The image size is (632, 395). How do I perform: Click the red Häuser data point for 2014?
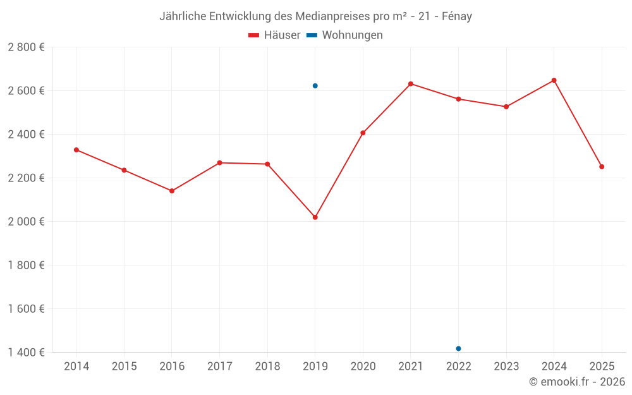pos(76,150)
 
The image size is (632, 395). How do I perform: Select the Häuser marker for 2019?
pos(315,217)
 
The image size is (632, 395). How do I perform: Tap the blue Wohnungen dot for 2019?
pos(315,86)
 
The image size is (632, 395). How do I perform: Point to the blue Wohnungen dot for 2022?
pos(458,349)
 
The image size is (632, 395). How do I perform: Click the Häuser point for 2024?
pos(554,80)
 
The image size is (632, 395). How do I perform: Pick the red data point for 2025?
pos(602,167)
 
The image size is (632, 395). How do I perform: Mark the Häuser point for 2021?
pos(411,84)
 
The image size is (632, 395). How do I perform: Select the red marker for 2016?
pos(172,191)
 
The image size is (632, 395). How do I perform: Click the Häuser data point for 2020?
pos(363,133)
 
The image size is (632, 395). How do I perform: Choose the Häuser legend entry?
pos(275,35)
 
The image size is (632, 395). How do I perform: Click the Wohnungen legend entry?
pos(345,35)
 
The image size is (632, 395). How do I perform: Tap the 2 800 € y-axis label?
pos(26,47)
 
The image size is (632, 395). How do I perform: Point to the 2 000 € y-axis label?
pos(26,222)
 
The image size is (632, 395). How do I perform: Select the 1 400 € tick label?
pos(26,353)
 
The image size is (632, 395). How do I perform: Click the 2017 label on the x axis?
pos(219,367)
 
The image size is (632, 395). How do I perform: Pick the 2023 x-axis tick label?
pos(506,367)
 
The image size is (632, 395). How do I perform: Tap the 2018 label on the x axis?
pos(267,367)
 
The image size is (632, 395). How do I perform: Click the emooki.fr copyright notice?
pos(576,382)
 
